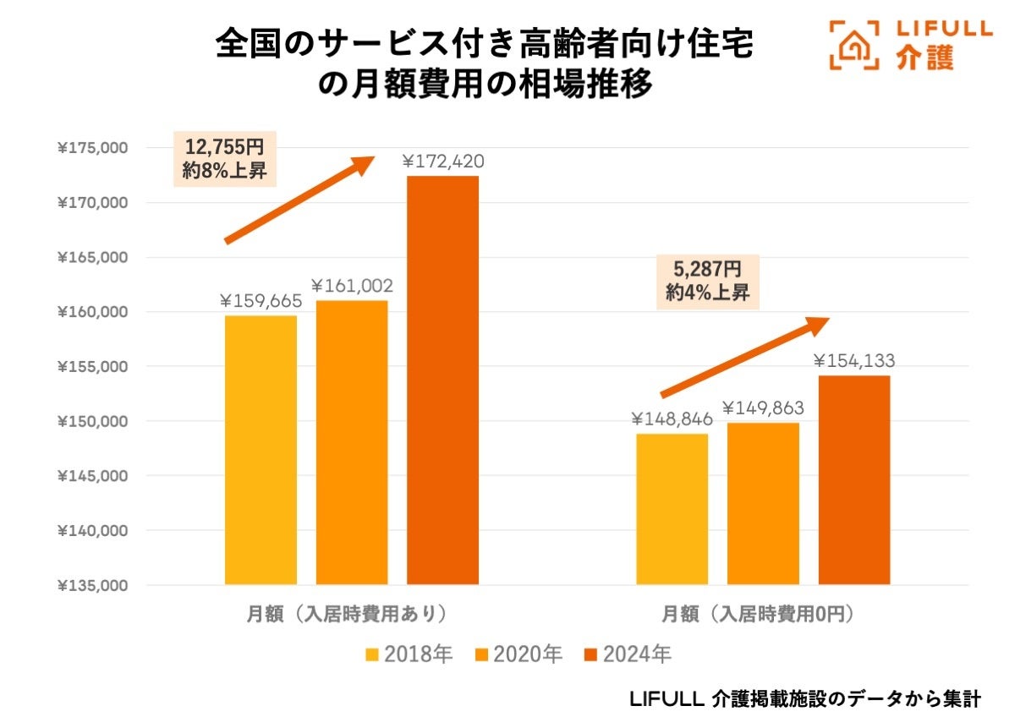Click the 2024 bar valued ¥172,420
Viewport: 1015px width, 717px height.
(x=442, y=380)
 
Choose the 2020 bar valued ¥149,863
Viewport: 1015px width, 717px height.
(x=763, y=503)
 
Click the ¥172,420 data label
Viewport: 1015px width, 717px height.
(x=442, y=161)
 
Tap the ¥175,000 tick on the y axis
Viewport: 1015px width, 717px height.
(x=92, y=149)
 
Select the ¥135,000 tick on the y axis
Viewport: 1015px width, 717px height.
(x=92, y=585)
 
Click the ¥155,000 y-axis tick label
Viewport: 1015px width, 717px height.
(x=92, y=367)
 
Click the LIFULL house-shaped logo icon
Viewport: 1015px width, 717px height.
(x=854, y=44)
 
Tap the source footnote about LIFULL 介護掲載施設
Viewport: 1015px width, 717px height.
(x=805, y=698)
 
